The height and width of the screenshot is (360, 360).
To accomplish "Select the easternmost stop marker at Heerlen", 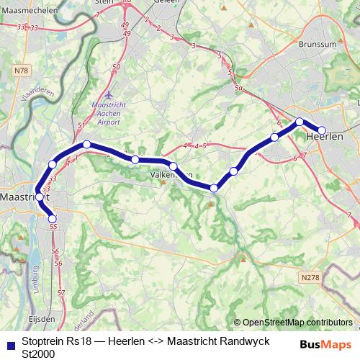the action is tap(322, 130).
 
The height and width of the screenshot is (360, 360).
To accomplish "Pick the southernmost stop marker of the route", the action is tap(52, 219).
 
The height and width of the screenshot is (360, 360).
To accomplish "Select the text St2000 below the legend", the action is tap(38, 354).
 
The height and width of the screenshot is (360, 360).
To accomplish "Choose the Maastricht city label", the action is tap(23, 196).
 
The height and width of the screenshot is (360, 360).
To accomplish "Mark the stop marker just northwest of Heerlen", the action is tap(300, 122).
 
